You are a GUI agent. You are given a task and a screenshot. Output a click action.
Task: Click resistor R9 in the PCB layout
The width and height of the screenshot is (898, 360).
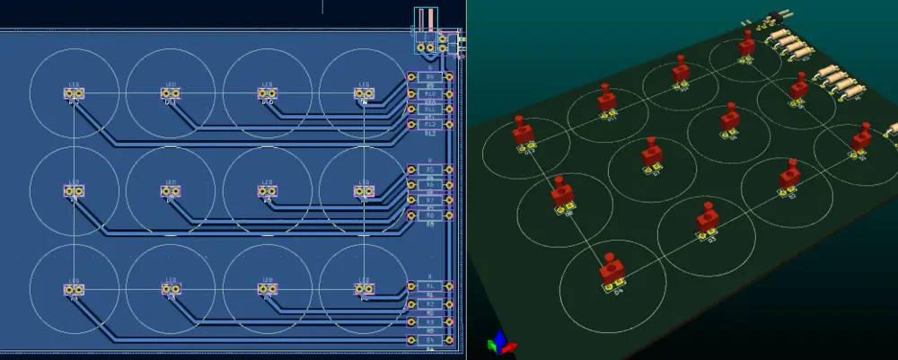[429, 77]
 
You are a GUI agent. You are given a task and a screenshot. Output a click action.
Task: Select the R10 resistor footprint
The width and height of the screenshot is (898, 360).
[429, 93]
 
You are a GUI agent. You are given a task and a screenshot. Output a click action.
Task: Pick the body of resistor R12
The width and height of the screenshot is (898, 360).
[429, 124]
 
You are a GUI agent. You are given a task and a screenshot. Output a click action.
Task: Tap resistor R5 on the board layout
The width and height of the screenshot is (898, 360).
[429, 169]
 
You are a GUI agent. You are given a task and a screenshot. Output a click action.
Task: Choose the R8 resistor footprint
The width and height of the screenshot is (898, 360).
[429, 215]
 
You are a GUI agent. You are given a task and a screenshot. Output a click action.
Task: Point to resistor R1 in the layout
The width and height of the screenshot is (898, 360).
[429, 285]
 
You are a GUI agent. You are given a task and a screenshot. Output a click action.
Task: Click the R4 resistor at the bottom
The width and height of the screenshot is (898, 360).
[429, 340]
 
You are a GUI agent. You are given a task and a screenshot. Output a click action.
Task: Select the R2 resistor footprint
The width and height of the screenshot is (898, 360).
[429, 303]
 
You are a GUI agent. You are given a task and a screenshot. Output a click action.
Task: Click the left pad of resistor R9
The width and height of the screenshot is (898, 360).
[411, 77]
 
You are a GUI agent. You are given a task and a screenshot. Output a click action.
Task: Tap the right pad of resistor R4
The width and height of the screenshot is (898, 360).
[446, 340]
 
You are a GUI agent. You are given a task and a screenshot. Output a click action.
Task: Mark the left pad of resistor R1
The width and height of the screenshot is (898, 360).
[411, 285]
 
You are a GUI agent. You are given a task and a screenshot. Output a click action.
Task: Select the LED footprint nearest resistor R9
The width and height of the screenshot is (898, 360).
[364, 92]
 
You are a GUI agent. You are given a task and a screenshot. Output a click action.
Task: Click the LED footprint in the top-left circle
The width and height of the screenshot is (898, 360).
[74, 92]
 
